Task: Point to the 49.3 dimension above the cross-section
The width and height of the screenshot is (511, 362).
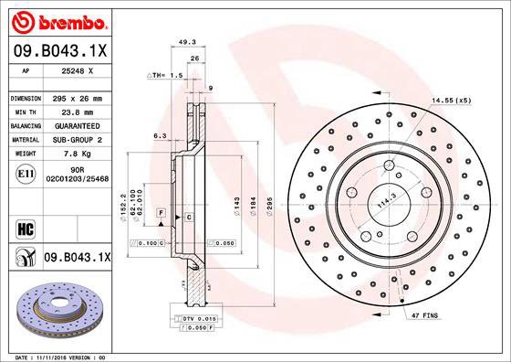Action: click(186, 41)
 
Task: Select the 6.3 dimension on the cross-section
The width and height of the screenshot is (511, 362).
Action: click(159, 134)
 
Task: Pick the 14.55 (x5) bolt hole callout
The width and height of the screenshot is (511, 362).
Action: click(451, 99)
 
